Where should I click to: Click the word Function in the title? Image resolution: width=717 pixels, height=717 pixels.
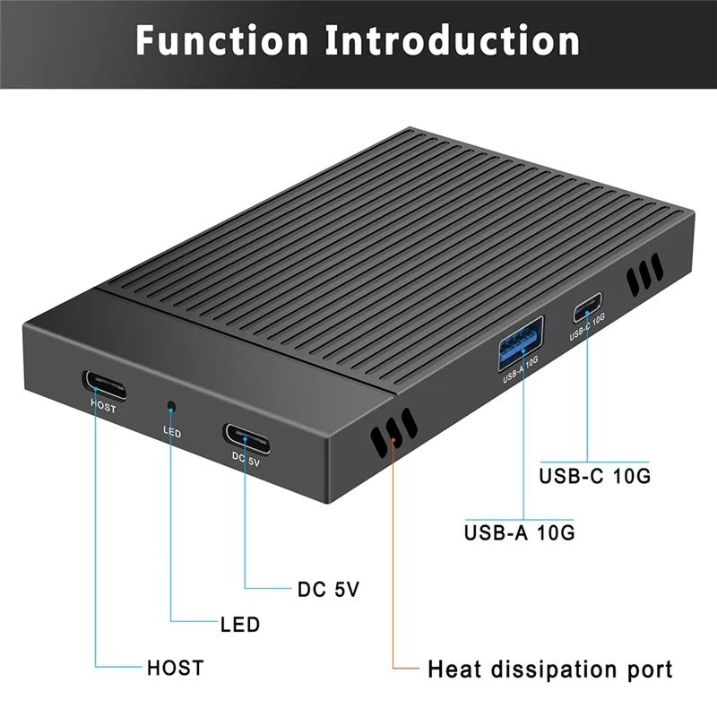pos(222,41)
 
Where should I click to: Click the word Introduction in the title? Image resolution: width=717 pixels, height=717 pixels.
pos(453,41)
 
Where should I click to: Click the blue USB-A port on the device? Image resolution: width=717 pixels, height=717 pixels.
pos(521,345)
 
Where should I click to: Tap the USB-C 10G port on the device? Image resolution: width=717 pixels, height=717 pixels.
pos(588,311)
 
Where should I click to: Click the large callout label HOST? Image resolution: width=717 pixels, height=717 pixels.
pos(176,668)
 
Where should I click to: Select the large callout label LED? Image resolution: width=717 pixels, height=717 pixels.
pos(239,624)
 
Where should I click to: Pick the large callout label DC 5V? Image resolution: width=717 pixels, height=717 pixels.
pos(328,591)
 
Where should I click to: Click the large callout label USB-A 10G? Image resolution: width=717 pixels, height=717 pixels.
pos(519,532)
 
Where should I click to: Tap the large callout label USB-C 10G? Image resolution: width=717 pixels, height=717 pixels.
pos(594,476)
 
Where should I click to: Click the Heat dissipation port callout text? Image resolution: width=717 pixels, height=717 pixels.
pos(549,669)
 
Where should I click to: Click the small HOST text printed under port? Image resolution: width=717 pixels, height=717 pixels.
pos(103,404)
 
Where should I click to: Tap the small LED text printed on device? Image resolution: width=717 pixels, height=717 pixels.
pos(172,433)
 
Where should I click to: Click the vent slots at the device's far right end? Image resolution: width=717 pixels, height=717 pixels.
pos(644,274)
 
